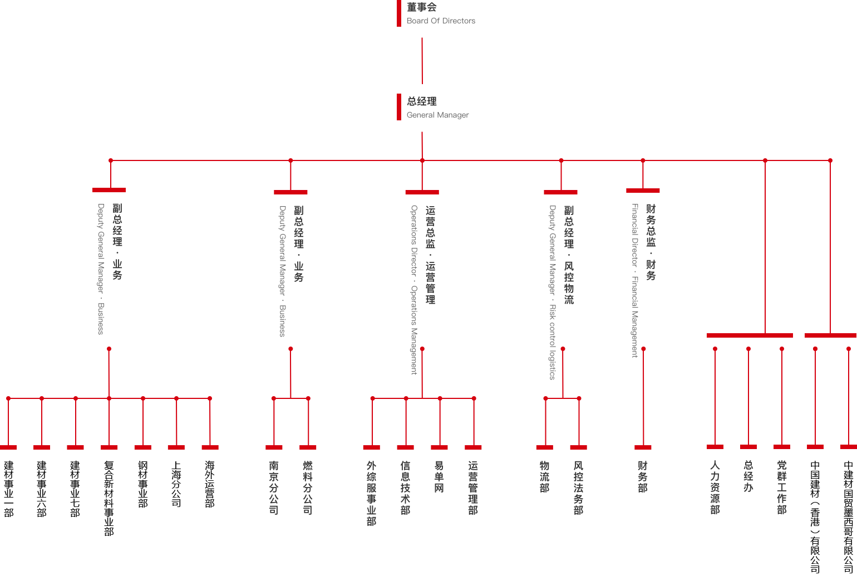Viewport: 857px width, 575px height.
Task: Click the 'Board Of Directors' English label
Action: [441, 21]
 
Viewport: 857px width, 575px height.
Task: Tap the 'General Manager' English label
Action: [437, 115]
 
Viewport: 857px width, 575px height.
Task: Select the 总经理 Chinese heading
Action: [421, 101]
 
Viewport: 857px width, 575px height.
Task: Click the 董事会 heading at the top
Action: [421, 7]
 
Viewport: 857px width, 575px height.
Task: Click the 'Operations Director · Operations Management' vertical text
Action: [414, 290]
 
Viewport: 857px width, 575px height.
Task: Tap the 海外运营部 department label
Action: [210, 484]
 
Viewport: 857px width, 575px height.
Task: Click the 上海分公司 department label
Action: [176, 484]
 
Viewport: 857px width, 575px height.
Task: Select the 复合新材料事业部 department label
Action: [109, 498]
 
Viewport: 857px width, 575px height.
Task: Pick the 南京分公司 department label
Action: [274, 487]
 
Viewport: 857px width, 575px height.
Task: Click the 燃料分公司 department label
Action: [308, 487]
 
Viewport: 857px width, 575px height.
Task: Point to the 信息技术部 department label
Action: [405, 487]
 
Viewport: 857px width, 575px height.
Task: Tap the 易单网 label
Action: [439, 476]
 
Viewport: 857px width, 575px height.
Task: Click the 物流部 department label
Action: [544, 476]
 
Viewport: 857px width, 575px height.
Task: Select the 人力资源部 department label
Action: [715, 487]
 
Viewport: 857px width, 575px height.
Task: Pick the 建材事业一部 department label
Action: [8, 489]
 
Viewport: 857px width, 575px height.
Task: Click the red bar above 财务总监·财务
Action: [643, 191]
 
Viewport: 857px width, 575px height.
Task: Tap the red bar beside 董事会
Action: [399, 13]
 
